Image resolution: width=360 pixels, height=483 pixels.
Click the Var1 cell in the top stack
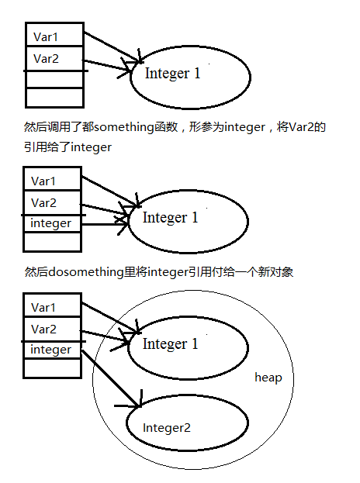point(54,34)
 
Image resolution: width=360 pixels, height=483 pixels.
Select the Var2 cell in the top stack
point(54,58)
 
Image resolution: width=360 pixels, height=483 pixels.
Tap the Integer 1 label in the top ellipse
point(172,74)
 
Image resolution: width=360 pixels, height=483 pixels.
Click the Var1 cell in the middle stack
point(53,178)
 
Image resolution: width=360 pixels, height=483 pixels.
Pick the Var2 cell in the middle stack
point(53,202)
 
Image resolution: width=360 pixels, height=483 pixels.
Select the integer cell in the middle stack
point(53,223)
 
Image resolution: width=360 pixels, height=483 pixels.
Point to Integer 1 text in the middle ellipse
point(170,218)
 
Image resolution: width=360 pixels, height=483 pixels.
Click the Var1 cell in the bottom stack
point(53,305)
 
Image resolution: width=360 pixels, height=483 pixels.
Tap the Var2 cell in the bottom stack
point(53,329)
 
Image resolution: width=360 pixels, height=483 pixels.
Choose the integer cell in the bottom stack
point(53,350)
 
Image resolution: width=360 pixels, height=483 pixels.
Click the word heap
point(268,378)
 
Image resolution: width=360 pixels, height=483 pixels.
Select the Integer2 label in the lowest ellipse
point(167,428)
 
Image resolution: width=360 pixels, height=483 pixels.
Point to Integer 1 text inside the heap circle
point(170,344)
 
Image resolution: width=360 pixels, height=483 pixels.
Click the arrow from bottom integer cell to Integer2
point(111,378)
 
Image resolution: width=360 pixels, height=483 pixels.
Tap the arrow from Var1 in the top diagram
point(112,47)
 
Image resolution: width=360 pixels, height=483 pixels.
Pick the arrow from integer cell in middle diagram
point(105,224)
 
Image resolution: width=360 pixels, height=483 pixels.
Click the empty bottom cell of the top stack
point(54,98)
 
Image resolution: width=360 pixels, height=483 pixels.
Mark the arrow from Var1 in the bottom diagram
point(110,318)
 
